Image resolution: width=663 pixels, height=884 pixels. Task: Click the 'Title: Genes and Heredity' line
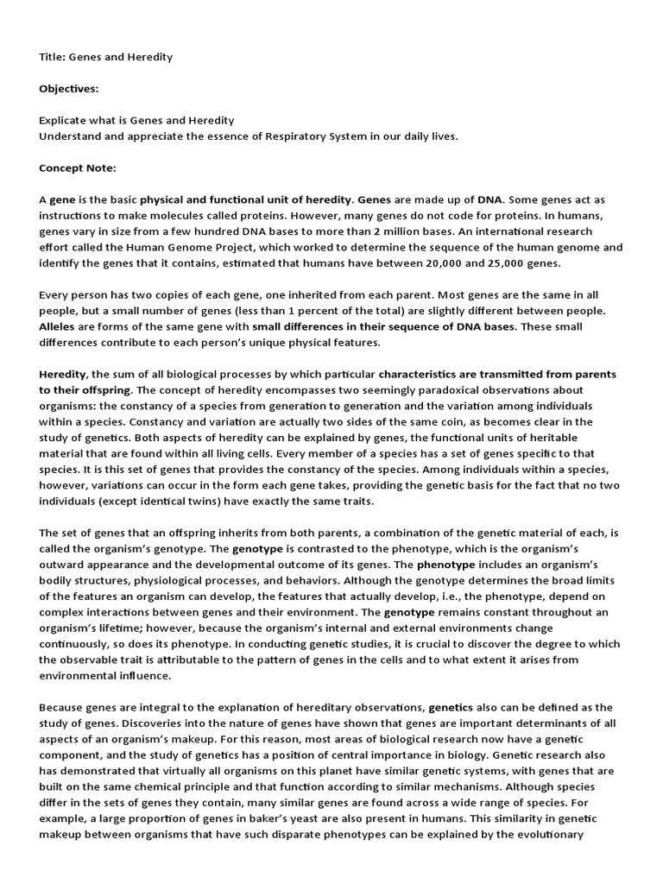(106, 57)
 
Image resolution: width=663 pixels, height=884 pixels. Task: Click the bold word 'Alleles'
(58, 326)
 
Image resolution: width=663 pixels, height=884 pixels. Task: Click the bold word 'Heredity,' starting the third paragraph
(63, 374)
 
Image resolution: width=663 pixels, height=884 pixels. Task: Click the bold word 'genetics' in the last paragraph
(451, 706)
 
